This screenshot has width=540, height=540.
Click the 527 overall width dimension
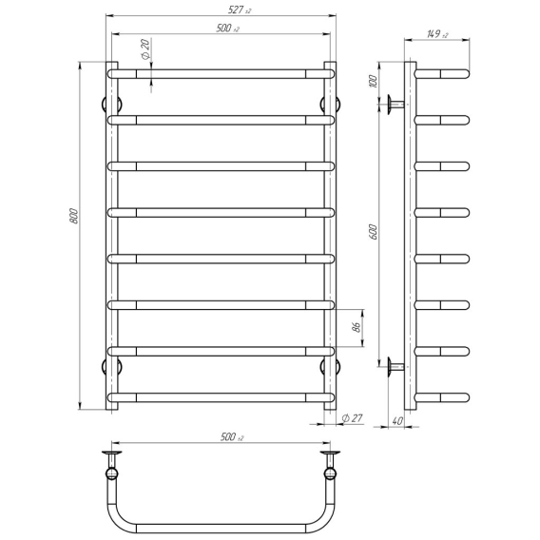[x=240, y=10]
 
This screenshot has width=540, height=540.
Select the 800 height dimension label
[x=74, y=216]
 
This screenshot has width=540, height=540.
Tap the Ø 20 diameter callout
[x=146, y=48]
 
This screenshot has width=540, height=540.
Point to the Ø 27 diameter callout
[x=353, y=417]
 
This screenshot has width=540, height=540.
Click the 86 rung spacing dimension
[x=357, y=327]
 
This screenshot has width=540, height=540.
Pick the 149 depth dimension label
[x=437, y=34]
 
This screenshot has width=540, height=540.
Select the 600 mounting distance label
[x=374, y=232]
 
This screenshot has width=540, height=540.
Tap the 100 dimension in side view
[x=374, y=81]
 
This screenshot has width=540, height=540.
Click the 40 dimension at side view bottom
[x=397, y=421]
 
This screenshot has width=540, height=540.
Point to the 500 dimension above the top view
[x=232, y=437]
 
